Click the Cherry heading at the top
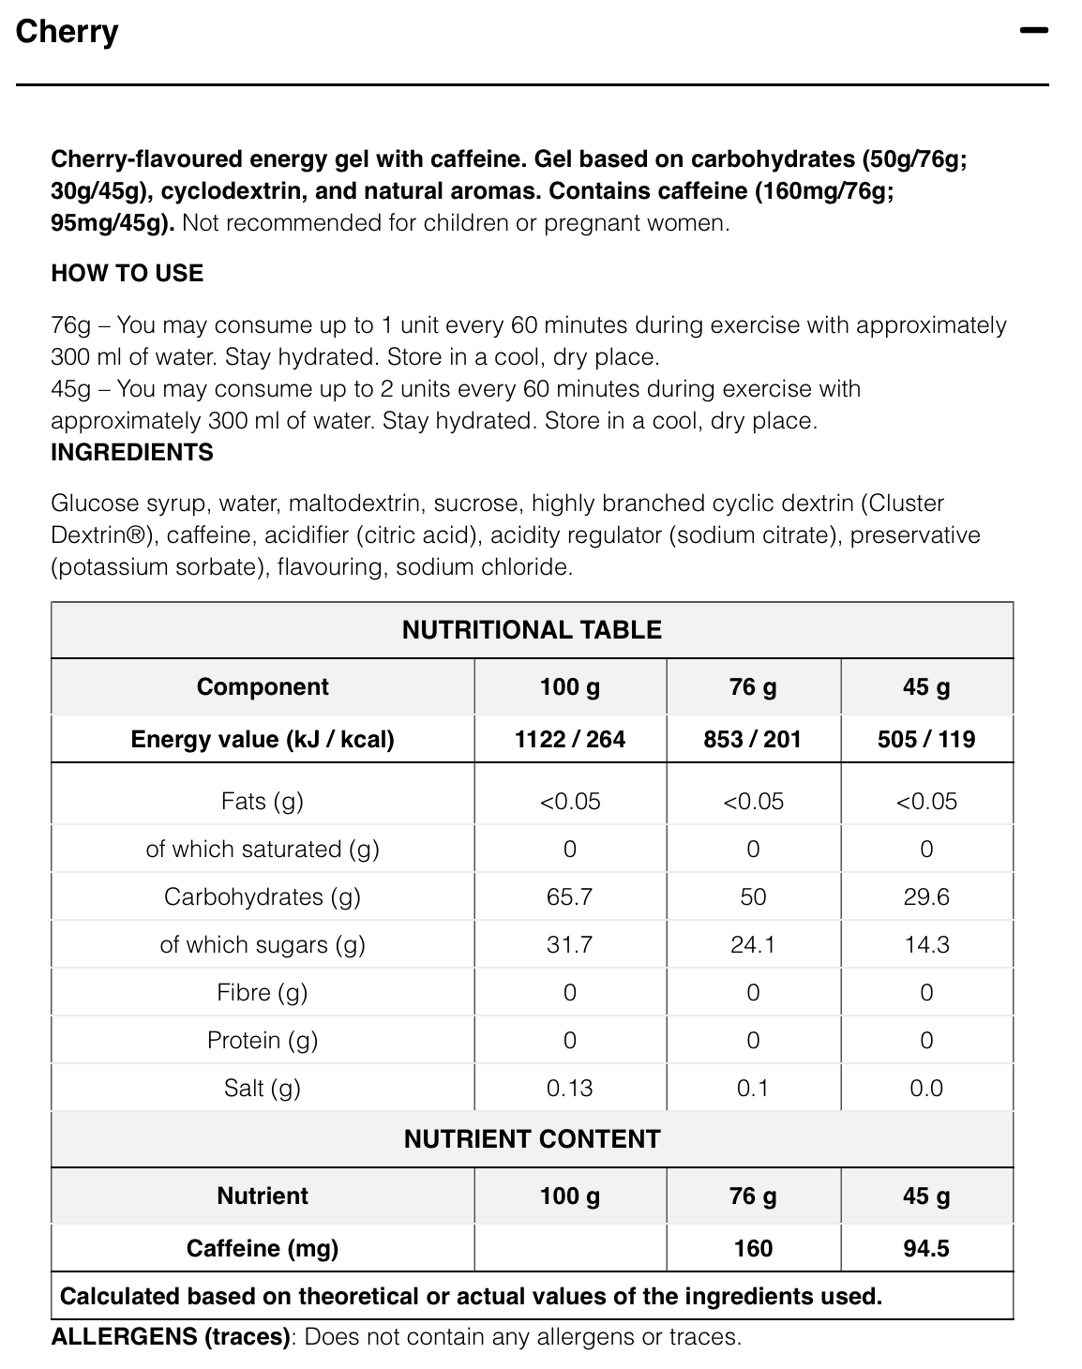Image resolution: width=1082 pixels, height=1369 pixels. (x=67, y=32)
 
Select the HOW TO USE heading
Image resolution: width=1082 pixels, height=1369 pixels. (x=127, y=273)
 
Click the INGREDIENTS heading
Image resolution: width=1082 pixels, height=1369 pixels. (x=132, y=452)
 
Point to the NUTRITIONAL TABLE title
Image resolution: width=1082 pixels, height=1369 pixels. (x=532, y=630)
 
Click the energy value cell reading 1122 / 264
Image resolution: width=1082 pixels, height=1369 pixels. (x=570, y=739)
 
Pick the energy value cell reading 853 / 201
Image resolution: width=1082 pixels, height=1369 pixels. (x=753, y=739)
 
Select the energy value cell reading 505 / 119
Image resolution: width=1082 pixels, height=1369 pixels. (x=926, y=739)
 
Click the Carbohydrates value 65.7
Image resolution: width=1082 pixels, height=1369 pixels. (x=569, y=896)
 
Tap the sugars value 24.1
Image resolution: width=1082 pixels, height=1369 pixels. (x=753, y=944)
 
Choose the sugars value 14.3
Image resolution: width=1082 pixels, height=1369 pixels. (x=926, y=944)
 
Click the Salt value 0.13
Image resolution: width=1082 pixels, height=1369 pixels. (x=569, y=1088)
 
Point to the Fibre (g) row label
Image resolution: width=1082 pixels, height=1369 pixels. (x=263, y=992)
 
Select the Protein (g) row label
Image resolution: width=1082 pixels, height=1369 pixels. (x=263, y=1040)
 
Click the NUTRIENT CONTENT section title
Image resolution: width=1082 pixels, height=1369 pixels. (x=532, y=1139)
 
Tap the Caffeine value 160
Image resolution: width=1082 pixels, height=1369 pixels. (x=753, y=1248)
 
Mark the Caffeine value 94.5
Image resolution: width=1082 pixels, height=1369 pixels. (x=926, y=1248)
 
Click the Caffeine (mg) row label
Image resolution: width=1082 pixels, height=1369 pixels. (x=263, y=1248)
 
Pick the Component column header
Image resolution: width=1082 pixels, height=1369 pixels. (x=263, y=686)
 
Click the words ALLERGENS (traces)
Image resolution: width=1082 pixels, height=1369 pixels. (x=171, y=1336)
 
